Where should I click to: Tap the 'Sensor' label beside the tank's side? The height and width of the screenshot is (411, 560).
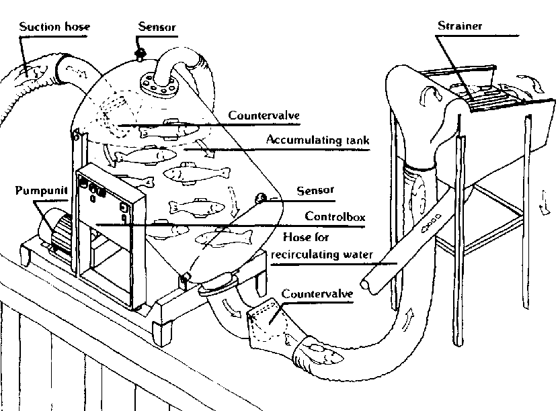pos(315,190)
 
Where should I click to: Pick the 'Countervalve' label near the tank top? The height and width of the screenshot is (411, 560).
pos(263,116)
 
